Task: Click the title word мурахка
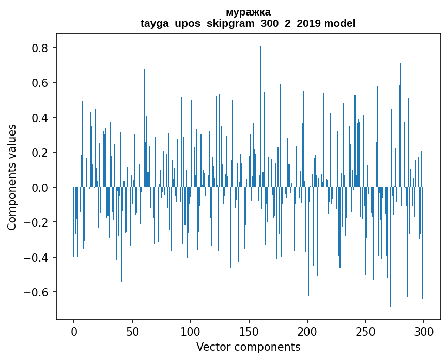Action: (248, 12)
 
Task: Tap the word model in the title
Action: (339, 23)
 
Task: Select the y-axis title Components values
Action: (12, 177)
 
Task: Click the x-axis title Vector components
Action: (248, 347)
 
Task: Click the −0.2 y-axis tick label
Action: (38, 222)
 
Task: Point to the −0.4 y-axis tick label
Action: (38, 258)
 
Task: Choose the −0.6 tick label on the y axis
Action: (38, 292)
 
